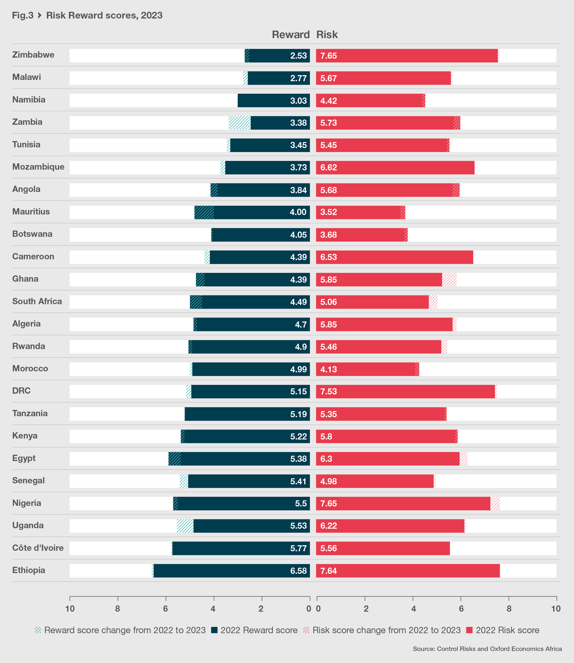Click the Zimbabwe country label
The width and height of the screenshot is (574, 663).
[33, 55]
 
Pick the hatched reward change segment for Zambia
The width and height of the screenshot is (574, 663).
[239, 123]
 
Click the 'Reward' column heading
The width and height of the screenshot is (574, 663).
[291, 35]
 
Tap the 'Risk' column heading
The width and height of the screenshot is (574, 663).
[327, 35]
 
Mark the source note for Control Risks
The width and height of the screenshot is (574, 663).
[487, 648]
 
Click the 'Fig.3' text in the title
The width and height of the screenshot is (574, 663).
[22, 15]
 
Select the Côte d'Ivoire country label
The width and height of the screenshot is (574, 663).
[38, 548]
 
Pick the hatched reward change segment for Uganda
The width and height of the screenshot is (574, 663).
[185, 526]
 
